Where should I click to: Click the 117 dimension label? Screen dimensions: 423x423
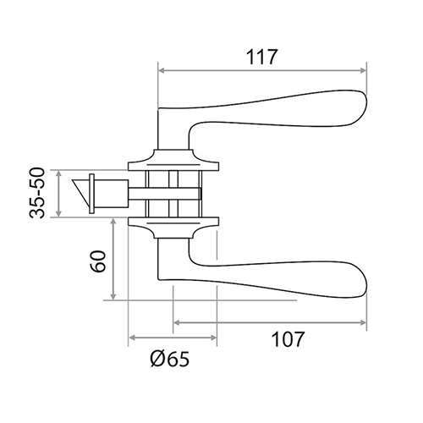(x=262, y=58)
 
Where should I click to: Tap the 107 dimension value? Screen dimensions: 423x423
(x=288, y=339)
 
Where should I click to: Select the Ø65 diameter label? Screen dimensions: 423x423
(x=169, y=359)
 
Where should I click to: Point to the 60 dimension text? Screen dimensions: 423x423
(x=99, y=261)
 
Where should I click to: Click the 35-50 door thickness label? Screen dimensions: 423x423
(x=37, y=193)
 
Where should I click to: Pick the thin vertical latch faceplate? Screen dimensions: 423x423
(x=91, y=194)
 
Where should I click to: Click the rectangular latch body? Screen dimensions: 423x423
(x=111, y=193)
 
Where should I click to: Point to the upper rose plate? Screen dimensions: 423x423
(x=173, y=160)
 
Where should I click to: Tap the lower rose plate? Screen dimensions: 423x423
(x=173, y=228)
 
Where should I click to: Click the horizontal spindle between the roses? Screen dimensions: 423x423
(x=165, y=194)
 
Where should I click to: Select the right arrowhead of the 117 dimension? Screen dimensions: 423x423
(x=363, y=70)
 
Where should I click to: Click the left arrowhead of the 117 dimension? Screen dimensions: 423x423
(x=162, y=70)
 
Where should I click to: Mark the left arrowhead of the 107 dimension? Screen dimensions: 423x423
(x=177, y=322)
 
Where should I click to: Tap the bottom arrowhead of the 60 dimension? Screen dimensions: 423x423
(x=113, y=296)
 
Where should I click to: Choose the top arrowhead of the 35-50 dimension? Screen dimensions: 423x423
(x=58, y=174)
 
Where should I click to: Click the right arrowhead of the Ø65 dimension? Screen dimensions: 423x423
(x=213, y=338)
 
